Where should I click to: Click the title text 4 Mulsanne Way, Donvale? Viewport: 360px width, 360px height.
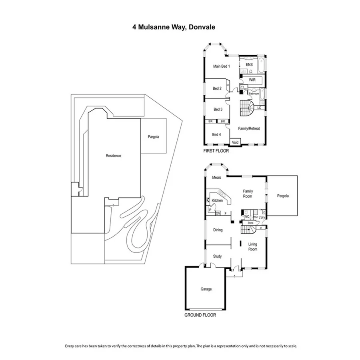(x=174, y=27)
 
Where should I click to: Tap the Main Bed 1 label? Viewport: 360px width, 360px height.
(x=221, y=66)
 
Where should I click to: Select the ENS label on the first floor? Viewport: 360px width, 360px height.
(x=249, y=64)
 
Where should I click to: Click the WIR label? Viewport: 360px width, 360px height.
(x=252, y=80)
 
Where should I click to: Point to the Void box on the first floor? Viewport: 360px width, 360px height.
(x=235, y=142)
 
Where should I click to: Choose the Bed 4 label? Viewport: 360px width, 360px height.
(x=216, y=134)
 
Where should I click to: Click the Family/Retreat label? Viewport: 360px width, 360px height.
(x=249, y=129)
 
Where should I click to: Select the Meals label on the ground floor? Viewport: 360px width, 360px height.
(x=216, y=178)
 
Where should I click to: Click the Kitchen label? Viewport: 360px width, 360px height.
(x=217, y=200)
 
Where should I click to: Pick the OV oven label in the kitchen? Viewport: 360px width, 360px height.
(x=218, y=213)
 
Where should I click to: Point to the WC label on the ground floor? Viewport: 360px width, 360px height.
(x=247, y=217)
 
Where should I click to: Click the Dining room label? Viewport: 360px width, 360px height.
(x=218, y=230)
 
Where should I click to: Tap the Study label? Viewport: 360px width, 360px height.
(x=217, y=256)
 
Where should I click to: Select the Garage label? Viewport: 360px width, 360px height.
(x=206, y=289)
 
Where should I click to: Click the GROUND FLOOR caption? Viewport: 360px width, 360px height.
(x=200, y=315)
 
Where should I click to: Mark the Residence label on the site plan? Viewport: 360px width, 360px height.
(x=113, y=156)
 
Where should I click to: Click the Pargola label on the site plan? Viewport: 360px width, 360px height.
(x=154, y=137)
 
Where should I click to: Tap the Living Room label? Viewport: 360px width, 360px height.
(x=253, y=246)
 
